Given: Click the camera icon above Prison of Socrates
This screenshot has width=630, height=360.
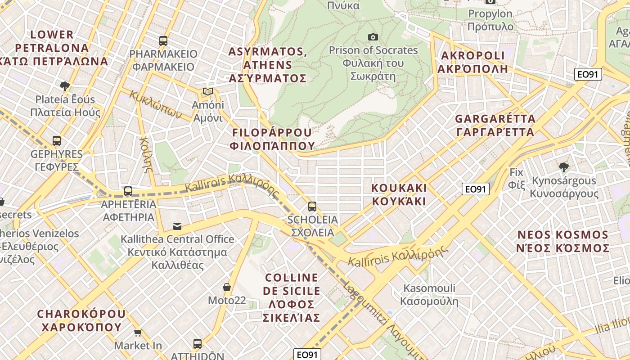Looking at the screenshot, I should click(x=373, y=37).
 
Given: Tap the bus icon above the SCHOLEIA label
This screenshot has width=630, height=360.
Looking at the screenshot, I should click(x=312, y=207).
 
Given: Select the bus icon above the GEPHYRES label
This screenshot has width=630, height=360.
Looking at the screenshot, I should click(x=57, y=141).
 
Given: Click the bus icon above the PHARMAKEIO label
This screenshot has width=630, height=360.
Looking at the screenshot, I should click(x=163, y=41).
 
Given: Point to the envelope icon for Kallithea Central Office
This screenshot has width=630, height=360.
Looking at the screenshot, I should click(x=177, y=226).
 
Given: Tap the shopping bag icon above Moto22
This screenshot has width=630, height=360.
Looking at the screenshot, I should click(x=227, y=287).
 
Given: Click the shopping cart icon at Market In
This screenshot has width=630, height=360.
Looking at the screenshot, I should click(x=138, y=333).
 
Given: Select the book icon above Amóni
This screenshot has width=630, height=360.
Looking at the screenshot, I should click(x=207, y=92).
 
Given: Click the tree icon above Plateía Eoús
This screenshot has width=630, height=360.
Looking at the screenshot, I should click(x=65, y=86).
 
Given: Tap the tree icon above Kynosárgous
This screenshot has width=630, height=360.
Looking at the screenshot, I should click(x=563, y=167).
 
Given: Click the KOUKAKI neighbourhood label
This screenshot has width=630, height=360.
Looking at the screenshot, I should click(x=399, y=194).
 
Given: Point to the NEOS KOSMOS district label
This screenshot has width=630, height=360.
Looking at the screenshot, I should click(x=562, y=242).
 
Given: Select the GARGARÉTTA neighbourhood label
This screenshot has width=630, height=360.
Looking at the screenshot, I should click(x=495, y=126).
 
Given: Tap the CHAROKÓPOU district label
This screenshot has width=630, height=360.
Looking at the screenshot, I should click(x=81, y=320).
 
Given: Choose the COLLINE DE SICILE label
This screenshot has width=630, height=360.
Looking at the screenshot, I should click(x=292, y=297).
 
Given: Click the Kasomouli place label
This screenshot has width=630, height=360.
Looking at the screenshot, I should click(x=429, y=295).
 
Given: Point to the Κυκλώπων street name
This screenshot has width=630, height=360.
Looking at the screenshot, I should click(x=156, y=104).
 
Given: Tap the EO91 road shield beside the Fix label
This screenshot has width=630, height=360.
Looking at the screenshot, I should click(x=476, y=189).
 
